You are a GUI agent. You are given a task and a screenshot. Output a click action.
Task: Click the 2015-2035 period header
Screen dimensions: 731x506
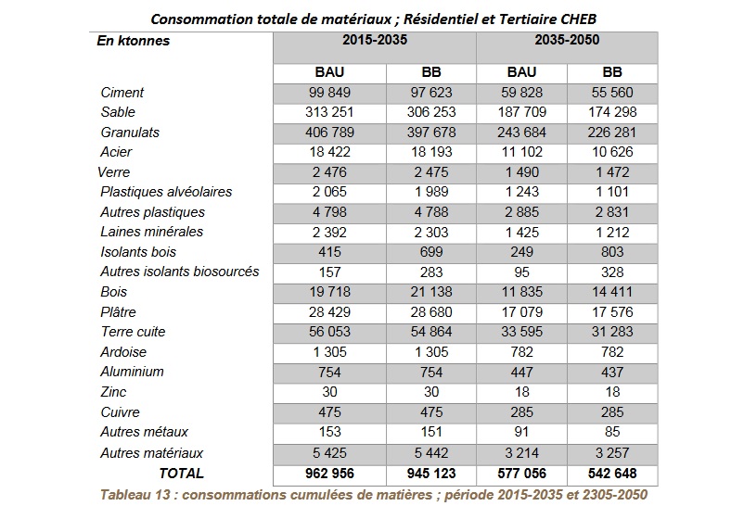click(375, 40)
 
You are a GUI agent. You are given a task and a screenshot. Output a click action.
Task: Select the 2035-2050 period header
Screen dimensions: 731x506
click(567, 40)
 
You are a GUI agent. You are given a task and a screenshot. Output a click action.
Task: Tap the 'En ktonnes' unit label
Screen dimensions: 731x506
click(134, 41)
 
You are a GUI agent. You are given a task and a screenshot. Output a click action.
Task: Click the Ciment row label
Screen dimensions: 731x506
click(122, 93)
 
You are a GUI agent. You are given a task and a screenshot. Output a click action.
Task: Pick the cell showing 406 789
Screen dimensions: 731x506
click(329, 133)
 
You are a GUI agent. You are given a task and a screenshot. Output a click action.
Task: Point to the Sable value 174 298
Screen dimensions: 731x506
click(612, 112)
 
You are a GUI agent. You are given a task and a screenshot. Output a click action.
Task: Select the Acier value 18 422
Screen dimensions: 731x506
click(329, 152)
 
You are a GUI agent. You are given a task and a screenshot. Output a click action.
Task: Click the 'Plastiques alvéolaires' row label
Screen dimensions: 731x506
click(166, 192)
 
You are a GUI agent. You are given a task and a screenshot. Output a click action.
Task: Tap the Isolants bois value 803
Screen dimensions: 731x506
click(612, 252)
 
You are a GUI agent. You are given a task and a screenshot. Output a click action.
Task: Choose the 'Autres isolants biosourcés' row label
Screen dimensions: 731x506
click(179, 272)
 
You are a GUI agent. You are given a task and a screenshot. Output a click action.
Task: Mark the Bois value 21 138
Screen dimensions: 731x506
click(431, 292)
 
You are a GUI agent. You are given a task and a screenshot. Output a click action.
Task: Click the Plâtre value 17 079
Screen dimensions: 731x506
click(521, 311)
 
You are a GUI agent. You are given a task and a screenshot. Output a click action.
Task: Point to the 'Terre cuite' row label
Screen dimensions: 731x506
click(133, 332)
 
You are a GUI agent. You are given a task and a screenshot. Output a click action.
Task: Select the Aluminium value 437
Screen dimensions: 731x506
click(612, 372)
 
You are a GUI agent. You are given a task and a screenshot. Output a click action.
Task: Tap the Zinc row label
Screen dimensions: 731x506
click(113, 392)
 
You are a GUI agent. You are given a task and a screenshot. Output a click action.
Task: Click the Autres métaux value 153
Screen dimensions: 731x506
click(329, 432)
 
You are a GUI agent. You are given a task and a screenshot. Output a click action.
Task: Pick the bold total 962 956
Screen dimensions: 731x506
click(329, 474)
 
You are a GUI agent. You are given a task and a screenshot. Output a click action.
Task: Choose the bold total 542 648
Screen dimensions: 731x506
click(612, 474)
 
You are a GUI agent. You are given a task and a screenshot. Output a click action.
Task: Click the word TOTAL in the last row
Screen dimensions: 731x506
click(181, 474)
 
